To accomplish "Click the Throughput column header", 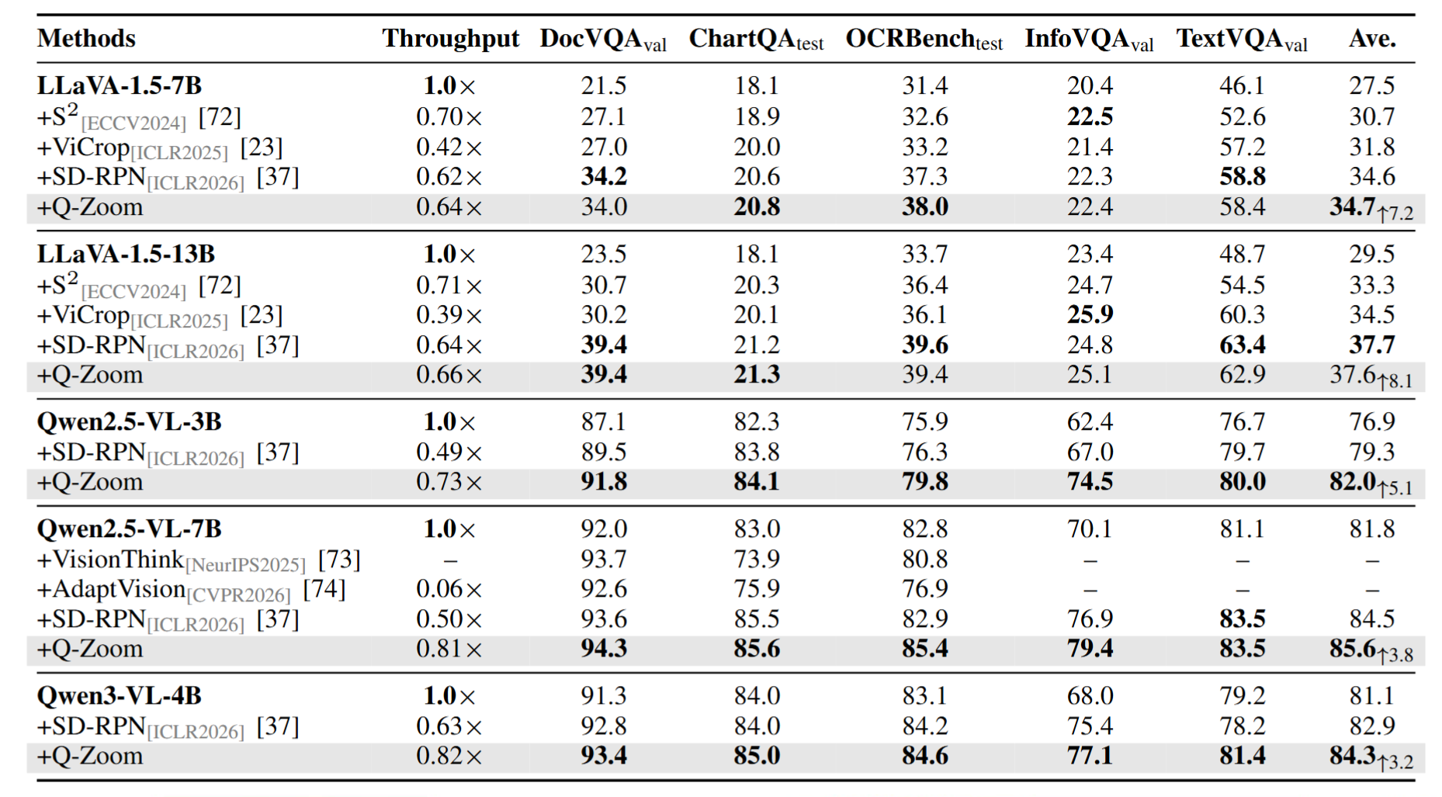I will point(450,39).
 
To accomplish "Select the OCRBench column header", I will point(924,40).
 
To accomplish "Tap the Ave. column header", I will point(1372,39).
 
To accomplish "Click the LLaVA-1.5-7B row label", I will point(120,85).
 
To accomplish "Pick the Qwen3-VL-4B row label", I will point(120,695).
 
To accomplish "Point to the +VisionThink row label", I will point(111,560).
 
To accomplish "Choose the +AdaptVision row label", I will point(111,589).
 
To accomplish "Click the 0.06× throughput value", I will point(449,589).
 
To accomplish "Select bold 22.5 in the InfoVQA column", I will point(1090,116).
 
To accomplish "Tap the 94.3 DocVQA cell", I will point(604,648).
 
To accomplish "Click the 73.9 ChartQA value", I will point(757,560).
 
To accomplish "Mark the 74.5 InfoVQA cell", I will point(1090,481).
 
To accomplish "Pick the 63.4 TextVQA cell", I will point(1242,345).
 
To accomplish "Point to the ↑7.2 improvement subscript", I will point(1395,213).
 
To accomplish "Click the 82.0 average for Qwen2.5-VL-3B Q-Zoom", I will point(1353,481).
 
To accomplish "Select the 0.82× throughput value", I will point(449,756).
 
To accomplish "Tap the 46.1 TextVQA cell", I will point(1242,85).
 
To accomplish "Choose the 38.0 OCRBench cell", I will point(924,207).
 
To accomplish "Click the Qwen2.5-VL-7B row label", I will point(129,529).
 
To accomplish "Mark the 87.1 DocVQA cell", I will point(604,421).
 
